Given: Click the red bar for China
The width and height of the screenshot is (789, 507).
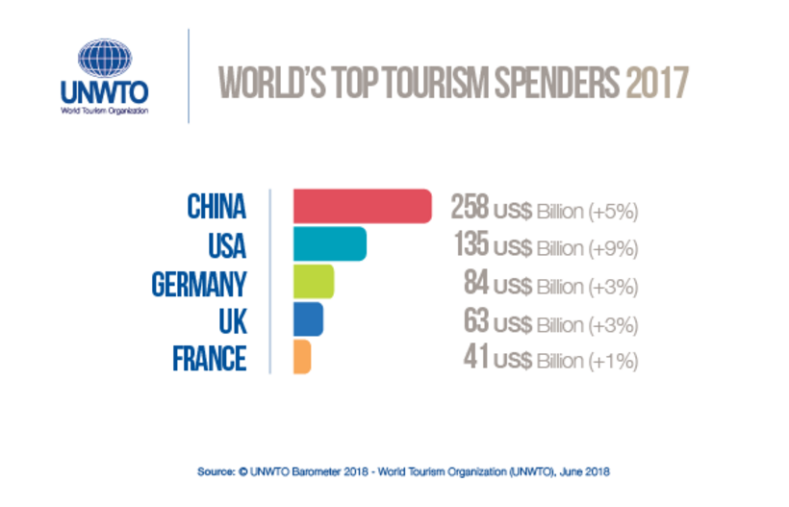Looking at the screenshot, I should [x=361, y=206].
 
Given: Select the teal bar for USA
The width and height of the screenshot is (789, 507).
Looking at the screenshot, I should [x=329, y=244].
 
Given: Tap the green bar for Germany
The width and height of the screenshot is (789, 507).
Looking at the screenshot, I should [x=313, y=282].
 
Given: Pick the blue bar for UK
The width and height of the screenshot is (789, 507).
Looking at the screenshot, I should [x=307, y=319].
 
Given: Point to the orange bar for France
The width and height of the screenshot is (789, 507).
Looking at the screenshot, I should [x=301, y=357].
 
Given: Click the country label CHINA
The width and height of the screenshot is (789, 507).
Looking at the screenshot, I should [x=216, y=207].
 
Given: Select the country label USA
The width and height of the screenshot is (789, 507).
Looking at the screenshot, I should [x=226, y=245].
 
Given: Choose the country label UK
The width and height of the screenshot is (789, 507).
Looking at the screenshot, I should [x=232, y=320].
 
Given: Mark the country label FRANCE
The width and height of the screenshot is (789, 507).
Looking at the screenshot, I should [x=209, y=358].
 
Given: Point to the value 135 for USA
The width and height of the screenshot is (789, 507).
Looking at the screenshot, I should [x=471, y=245].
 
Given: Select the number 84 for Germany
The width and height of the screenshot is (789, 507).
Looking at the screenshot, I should [x=476, y=283].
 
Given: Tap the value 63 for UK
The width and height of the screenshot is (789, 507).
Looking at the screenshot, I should [x=476, y=320].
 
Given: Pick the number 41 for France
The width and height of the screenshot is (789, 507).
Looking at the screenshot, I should [x=476, y=358].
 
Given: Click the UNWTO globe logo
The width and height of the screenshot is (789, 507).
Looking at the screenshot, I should [x=102, y=59].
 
